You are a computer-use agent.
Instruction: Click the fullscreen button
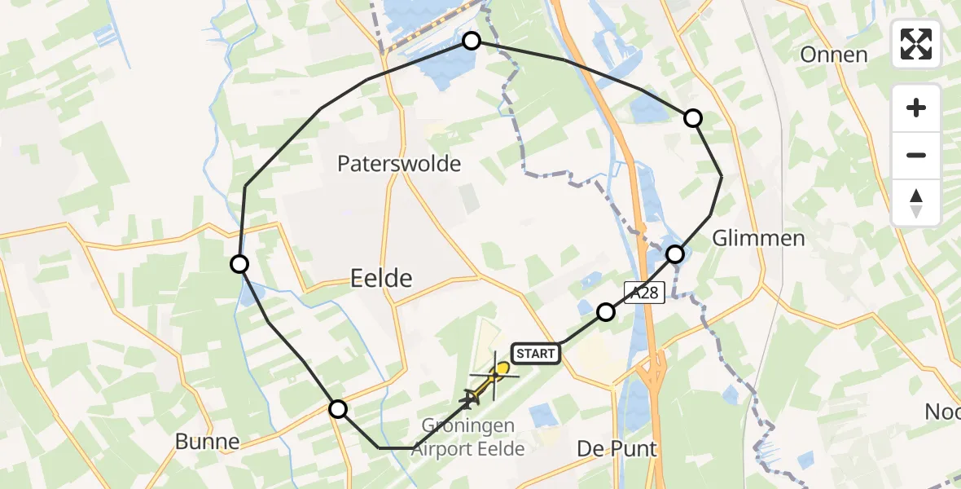pyautogui.click(x=916, y=44)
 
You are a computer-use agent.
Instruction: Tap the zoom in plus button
pyautogui.click(x=916, y=108)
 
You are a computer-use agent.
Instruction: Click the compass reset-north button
pyautogui.click(x=916, y=203)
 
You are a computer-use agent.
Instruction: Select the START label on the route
pyautogui.click(x=536, y=353)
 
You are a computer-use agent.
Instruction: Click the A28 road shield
pyautogui.click(x=646, y=292)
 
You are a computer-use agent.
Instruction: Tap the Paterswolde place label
pyautogui.click(x=399, y=164)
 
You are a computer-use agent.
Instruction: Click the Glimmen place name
pyautogui.click(x=758, y=238)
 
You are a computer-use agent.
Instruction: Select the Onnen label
pyautogui.click(x=833, y=55)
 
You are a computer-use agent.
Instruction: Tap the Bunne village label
pyautogui.click(x=208, y=442)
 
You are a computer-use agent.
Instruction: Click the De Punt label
pyautogui.click(x=617, y=449)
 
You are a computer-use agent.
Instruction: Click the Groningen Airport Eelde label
pyautogui.click(x=467, y=437)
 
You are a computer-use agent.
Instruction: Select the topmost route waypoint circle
pyautogui.click(x=472, y=40)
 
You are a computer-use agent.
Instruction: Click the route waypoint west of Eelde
pyautogui.click(x=239, y=264)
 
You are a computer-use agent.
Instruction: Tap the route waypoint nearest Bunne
pyautogui.click(x=337, y=408)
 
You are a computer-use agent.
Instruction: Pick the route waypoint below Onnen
pyautogui.click(x=692, y=118)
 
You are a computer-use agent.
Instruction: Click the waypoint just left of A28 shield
pyautogui.click(x=605, y=311)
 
